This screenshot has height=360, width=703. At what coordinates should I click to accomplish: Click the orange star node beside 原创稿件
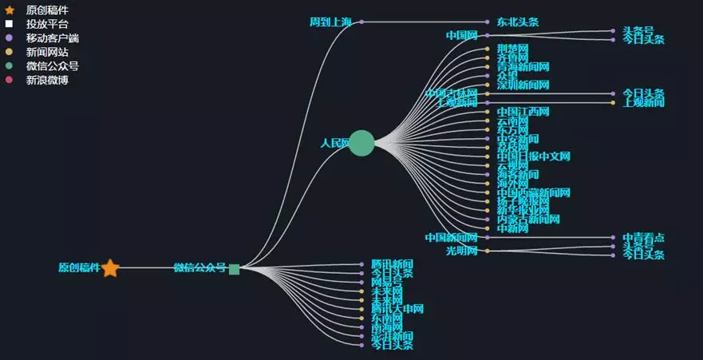point(110,268)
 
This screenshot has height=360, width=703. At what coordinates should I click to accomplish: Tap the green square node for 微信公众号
point(234,269)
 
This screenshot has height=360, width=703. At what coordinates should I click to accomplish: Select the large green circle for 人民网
point(361,143)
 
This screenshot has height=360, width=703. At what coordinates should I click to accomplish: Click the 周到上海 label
point(330,22)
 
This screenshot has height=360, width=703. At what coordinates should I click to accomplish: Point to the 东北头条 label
point(517,22)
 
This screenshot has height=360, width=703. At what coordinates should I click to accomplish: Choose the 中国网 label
point(461,36)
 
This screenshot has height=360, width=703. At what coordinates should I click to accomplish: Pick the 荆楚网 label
point(512,49)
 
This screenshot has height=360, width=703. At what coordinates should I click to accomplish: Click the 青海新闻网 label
point(523,67)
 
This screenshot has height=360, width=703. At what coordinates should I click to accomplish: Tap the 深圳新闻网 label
point(523,85)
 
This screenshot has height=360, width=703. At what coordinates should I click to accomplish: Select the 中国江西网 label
point(523,112)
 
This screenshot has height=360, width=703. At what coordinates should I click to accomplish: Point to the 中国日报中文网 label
point(533,156)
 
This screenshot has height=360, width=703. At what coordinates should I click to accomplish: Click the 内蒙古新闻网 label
point(527,219)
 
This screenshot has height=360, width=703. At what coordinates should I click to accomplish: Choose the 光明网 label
point(461,251)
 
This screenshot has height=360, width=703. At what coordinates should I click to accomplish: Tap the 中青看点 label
point(643,238)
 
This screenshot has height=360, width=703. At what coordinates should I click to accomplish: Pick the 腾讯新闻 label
point(392,264)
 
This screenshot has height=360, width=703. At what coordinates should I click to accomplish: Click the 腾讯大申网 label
point(397,309)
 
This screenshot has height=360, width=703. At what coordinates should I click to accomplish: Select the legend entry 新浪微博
point(47,81)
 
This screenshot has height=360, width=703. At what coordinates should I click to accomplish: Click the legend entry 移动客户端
point(52,38)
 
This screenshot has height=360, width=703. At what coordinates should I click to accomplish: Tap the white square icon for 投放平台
point(10,24)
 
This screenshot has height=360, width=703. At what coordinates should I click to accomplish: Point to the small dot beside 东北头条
point(488,22)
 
